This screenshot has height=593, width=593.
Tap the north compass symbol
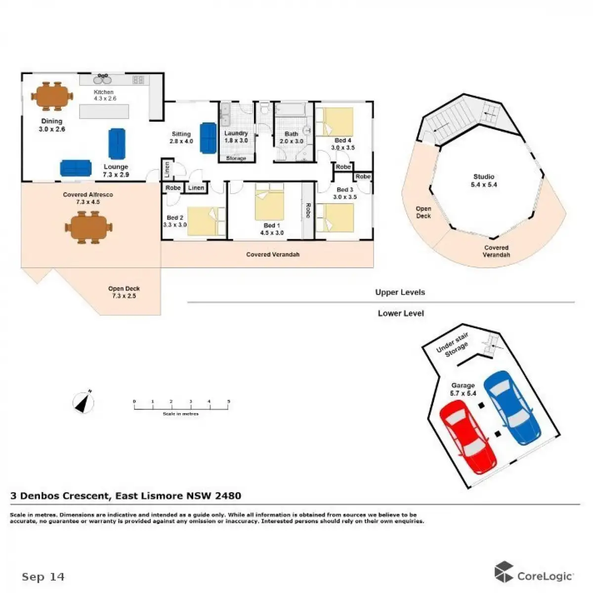(84, 402)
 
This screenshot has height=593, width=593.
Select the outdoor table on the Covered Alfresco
(86, 227)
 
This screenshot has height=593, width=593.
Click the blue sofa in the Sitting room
(208, 138)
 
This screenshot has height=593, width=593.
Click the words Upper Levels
(400, 292)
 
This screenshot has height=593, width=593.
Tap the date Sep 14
(43, 577)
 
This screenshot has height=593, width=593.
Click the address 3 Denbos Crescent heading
(126, 496)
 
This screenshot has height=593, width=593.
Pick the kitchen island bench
(104, 111)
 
